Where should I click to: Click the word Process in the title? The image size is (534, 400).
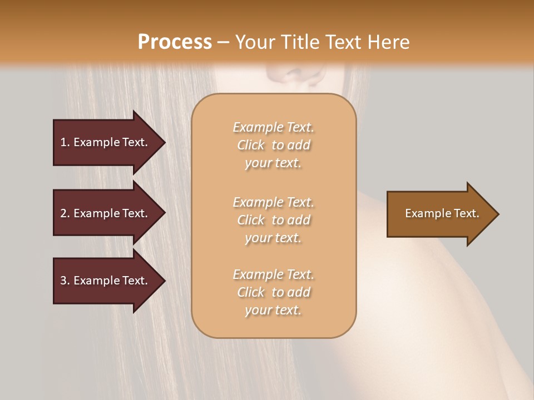175,42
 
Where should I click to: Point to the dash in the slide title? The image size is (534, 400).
224,43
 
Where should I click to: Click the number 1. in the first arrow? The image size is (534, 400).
65,142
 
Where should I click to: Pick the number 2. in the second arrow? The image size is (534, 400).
65,213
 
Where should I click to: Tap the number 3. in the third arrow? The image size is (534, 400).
65,281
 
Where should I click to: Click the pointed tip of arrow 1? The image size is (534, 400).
164,143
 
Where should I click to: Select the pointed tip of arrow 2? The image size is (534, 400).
164,213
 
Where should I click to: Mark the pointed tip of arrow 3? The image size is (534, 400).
164,281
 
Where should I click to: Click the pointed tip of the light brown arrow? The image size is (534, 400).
498,214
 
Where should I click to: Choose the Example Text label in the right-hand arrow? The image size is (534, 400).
442,213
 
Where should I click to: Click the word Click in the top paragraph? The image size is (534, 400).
251,146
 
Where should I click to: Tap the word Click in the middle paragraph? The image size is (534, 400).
251,221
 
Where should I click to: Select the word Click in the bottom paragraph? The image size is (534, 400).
251,293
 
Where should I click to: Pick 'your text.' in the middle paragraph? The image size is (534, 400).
273,238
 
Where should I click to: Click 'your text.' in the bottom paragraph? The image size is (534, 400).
273,311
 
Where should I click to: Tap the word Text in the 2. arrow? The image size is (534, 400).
135,213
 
